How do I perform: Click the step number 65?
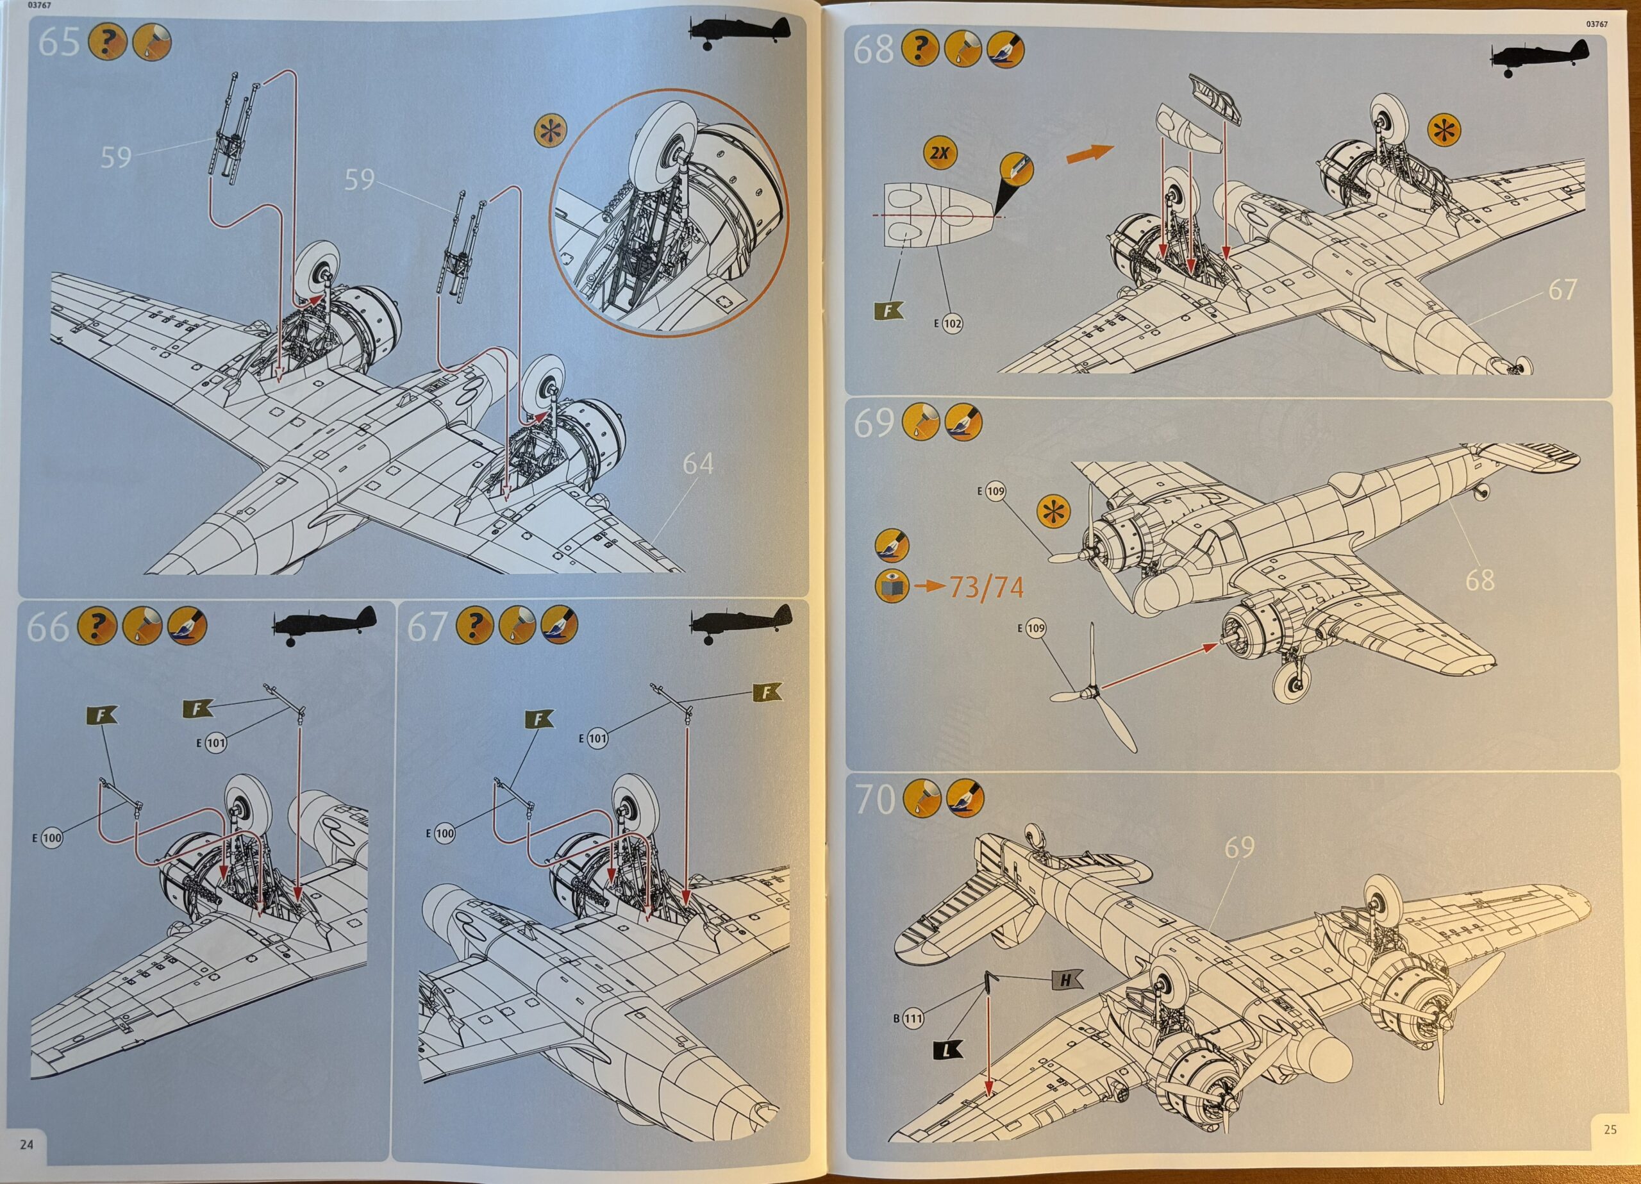coord(58,44)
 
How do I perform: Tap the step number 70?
coord(874,800)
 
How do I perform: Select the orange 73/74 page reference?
coord(986,588)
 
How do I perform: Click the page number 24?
coord(27,1144)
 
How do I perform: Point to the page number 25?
coord(1610,1129)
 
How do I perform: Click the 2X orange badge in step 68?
coord(939,153)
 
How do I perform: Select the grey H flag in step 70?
coord(1066,980)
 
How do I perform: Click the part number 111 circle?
coord(913,1018)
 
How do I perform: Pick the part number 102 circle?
coord(952,324)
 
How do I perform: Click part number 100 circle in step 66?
coord(52,838)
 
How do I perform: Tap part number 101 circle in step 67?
coord(597,738)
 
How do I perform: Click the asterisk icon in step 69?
coord(1053,511)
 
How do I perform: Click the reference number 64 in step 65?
coord(697,464)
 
